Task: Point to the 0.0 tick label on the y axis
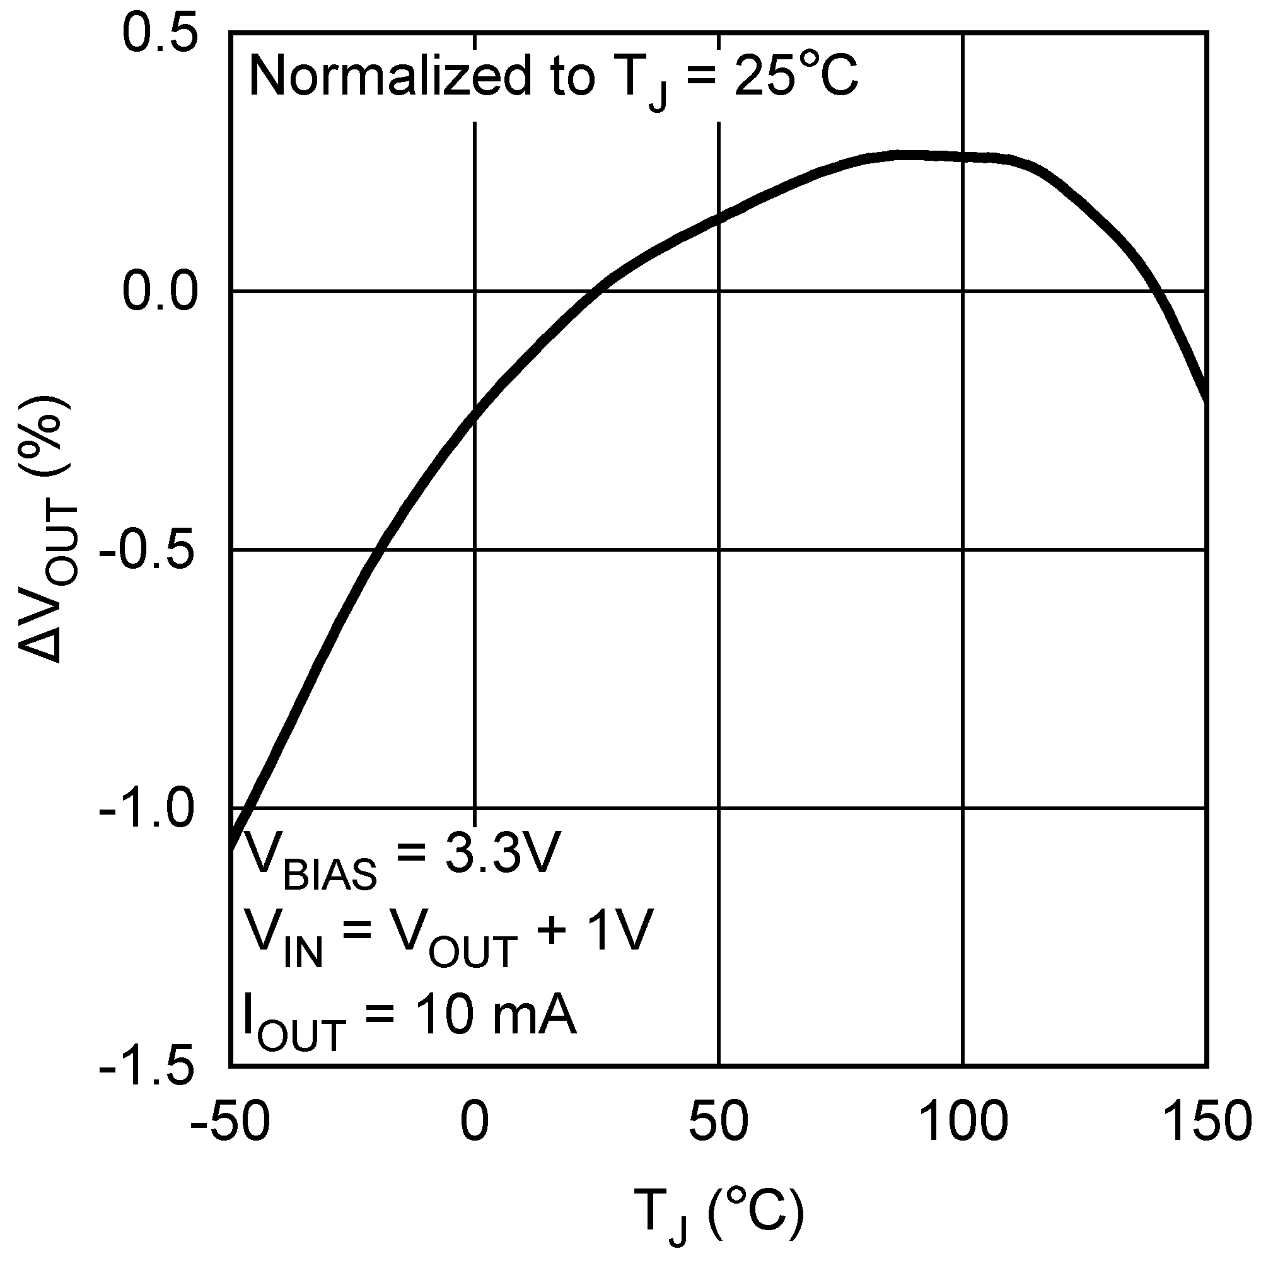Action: click(160, 292)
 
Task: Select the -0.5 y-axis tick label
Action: click(148, 552)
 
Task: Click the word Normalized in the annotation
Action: click(390, 77)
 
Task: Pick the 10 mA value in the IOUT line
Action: click(496, 1016)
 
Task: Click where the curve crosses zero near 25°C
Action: click(597, 291)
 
